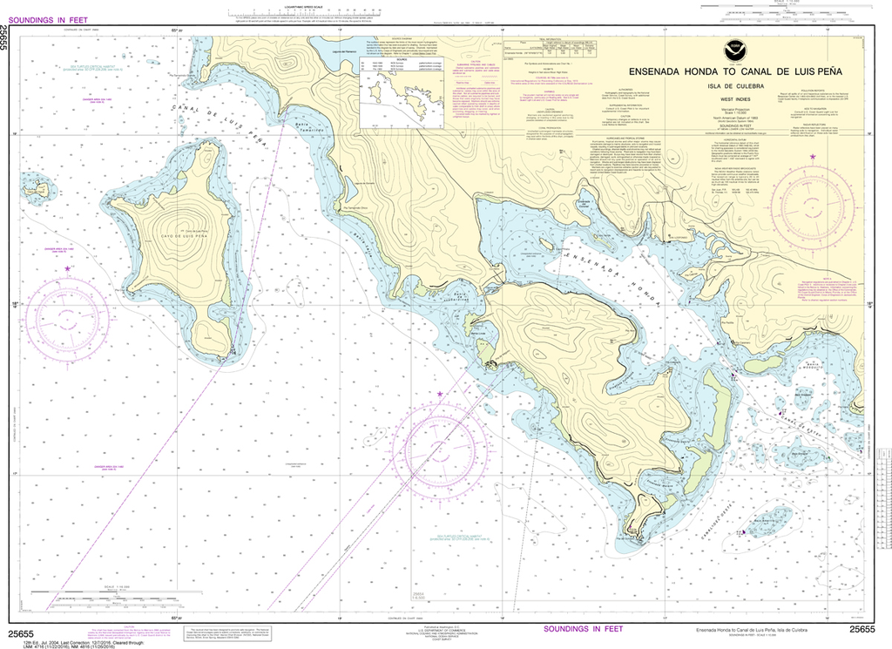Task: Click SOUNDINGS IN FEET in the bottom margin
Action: click(583, 629)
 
